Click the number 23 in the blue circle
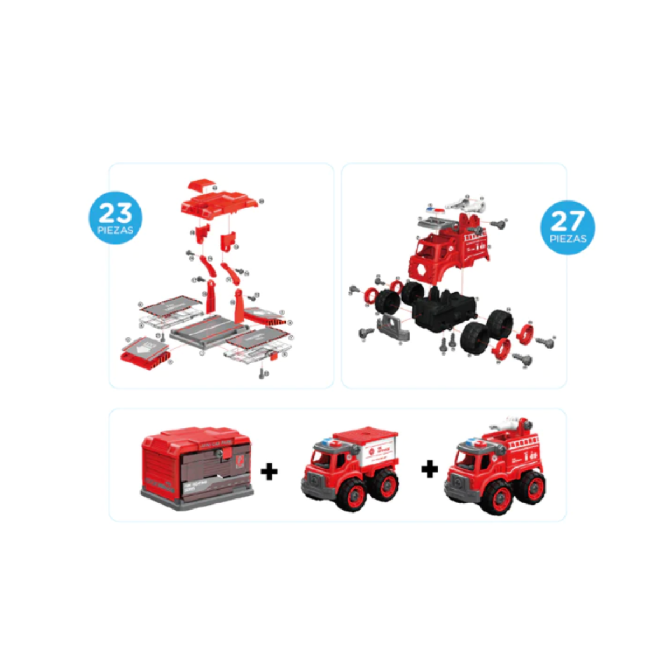(x=115, y=213)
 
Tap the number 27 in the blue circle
(x=567, y=222)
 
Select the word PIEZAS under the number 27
(x=568, y=239)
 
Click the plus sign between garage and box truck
(x=269, y=472)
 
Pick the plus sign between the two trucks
(x=430, y=469)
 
